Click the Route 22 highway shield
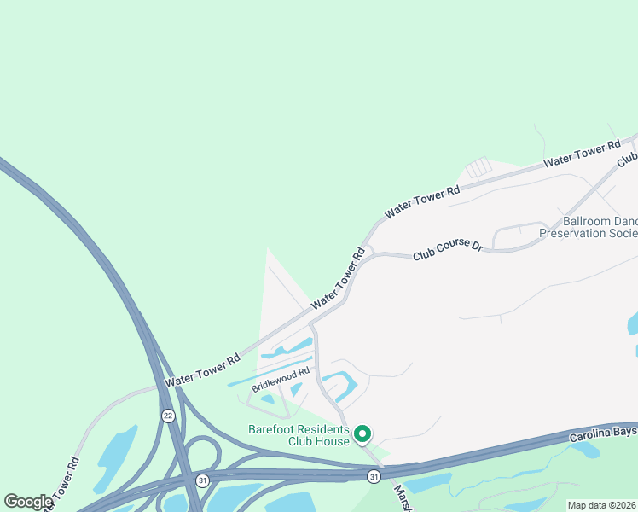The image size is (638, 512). [x=167, y=415]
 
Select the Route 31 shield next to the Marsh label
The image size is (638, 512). [x=374, y=475]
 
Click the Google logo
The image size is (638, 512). [x=28, y=502]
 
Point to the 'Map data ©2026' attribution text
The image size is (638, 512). [x=602, y=505]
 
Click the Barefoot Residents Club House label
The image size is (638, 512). [x=299, y=435]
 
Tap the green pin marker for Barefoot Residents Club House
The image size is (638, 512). [x=362, y=435]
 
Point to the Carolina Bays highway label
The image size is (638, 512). [x=603, y=433]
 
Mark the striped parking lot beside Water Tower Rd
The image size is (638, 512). [x=478, y=167]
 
